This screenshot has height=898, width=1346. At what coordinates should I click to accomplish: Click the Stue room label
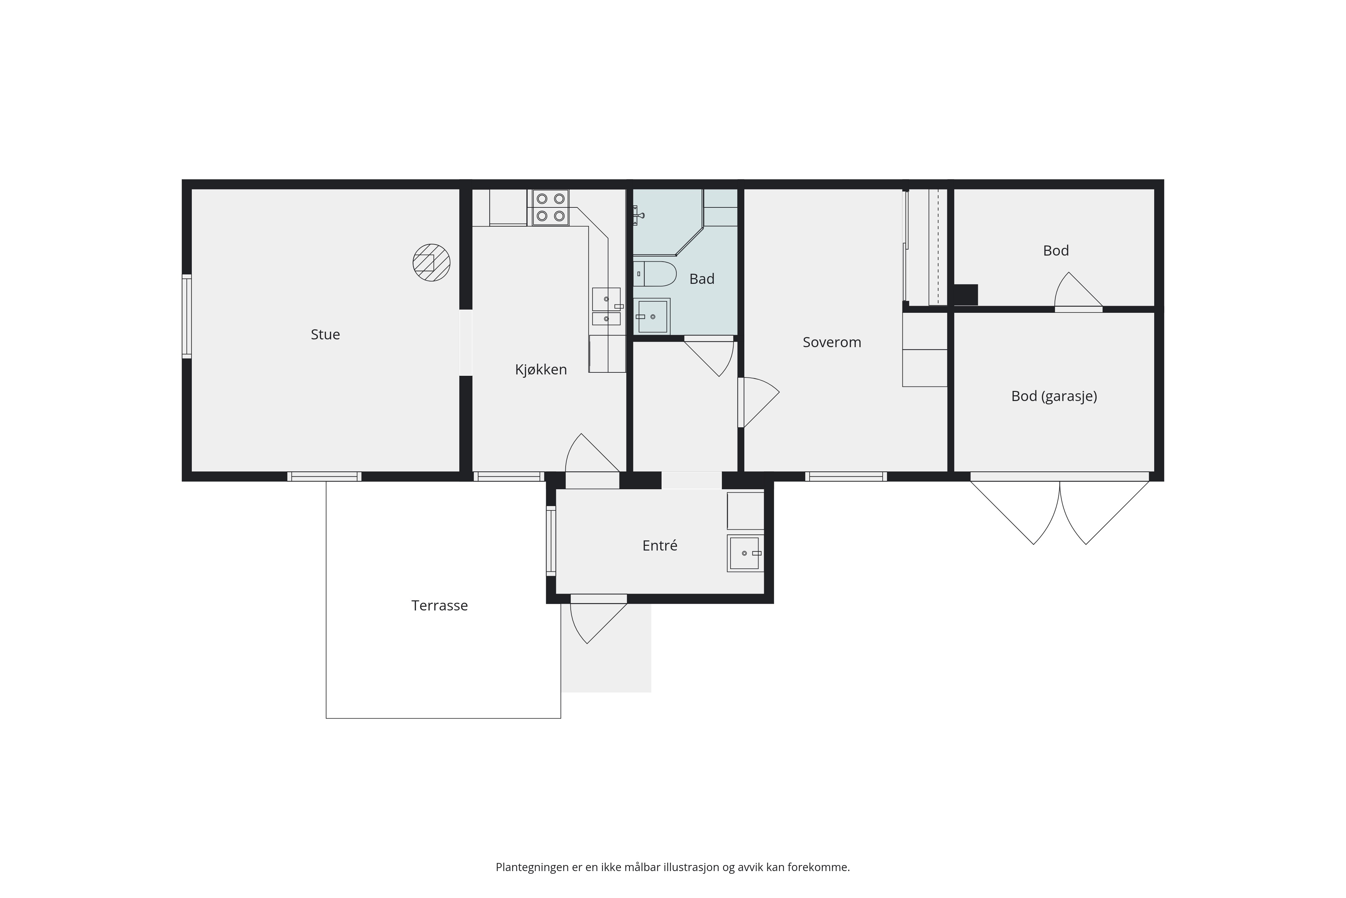[x=325, y=334]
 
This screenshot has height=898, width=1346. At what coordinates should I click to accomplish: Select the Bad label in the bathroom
[x=702, y=279]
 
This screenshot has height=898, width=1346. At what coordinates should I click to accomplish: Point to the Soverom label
[x=831, y=342]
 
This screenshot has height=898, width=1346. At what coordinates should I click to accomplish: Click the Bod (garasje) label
[x=1054, y=396]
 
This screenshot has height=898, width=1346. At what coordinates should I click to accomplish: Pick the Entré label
[x=660, y=546]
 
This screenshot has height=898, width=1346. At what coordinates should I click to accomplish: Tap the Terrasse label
[x=439, y=606]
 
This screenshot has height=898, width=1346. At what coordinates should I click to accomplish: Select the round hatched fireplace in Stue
[x=431, y=262]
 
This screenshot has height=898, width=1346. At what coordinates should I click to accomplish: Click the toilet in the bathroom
[x=655, y=274]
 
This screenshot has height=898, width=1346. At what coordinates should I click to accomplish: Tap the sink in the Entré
[x=745, y=553]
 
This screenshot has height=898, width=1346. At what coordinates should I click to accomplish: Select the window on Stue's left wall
[x=186, y=317]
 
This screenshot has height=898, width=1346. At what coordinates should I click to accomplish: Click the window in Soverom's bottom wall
[x=846, y=476]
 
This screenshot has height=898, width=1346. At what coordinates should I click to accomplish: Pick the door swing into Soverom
[x=758, y=402]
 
